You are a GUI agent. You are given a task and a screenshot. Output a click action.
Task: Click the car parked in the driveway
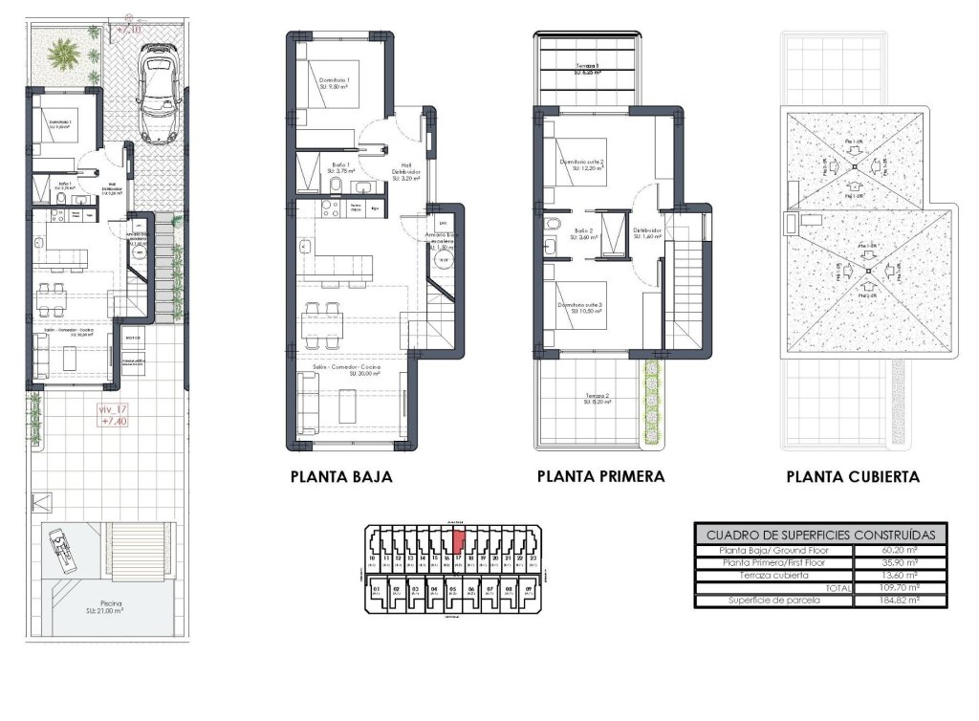coord(153,96)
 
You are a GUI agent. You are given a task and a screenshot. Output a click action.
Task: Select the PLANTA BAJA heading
coord(341,476)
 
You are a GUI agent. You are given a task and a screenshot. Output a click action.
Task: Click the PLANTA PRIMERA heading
coord(600,476)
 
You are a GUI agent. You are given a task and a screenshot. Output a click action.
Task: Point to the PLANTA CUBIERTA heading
coord(853,476)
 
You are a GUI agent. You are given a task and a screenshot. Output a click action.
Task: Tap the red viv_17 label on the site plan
coord(114,414)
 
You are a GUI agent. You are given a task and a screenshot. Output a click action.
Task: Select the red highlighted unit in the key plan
coord(458,542)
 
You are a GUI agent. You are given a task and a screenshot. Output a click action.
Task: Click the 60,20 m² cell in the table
coord(900,550)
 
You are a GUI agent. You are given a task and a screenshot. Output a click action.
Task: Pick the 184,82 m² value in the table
coord(900,601)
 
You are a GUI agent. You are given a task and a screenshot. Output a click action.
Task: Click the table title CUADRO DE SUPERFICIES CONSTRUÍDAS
coord(821,535)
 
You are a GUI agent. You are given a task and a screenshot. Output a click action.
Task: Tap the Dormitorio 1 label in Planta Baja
coord(336,81)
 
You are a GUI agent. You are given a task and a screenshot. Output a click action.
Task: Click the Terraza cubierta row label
coord(772,576)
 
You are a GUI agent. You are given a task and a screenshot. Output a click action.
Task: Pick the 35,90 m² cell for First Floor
coord(900,562)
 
